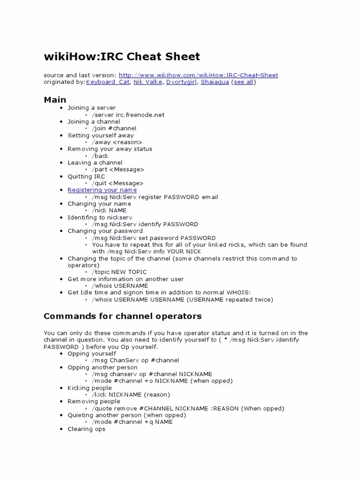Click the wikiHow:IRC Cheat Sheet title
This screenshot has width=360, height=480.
[x=122, y=57]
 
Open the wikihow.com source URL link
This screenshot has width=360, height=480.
[x=198, y=75]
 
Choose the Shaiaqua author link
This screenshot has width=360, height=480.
[x=215, y=82]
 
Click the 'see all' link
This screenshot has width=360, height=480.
[x=244, y=82]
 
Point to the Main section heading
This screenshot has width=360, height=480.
[x=55, y=99]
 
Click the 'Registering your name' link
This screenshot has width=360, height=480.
[x=102, y=190]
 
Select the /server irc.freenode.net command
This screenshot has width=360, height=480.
[x=128, y=115]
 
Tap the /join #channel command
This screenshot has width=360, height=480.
[x=114, y=128]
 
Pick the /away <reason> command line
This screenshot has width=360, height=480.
[x=117, y=142]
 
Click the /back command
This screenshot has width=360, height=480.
[x=100, y=156]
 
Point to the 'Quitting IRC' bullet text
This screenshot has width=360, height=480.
[x=86, y=176]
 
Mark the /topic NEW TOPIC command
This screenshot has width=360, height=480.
[x=119, y=272]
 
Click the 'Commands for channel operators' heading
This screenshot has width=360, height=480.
[x=122, y=316]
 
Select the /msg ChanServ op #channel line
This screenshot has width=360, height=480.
[x=135, y=360]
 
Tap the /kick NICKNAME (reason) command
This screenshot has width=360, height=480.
[x=131, y=395]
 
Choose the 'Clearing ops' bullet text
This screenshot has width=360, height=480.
[x=86, y=429]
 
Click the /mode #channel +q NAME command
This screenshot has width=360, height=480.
[x=132, y=422]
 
